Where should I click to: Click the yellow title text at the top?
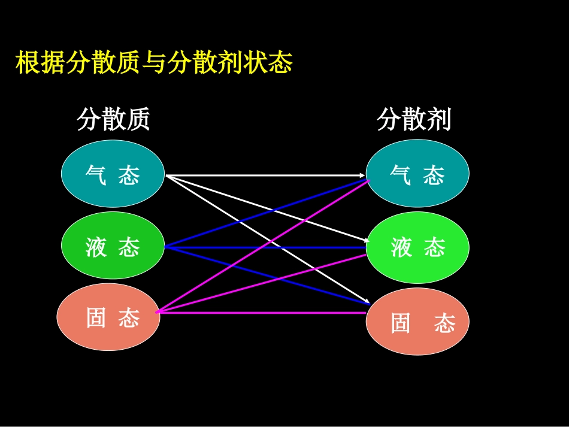pos(153,63)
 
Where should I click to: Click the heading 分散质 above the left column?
pos(113,120)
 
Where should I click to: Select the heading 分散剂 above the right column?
pos(414,120)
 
